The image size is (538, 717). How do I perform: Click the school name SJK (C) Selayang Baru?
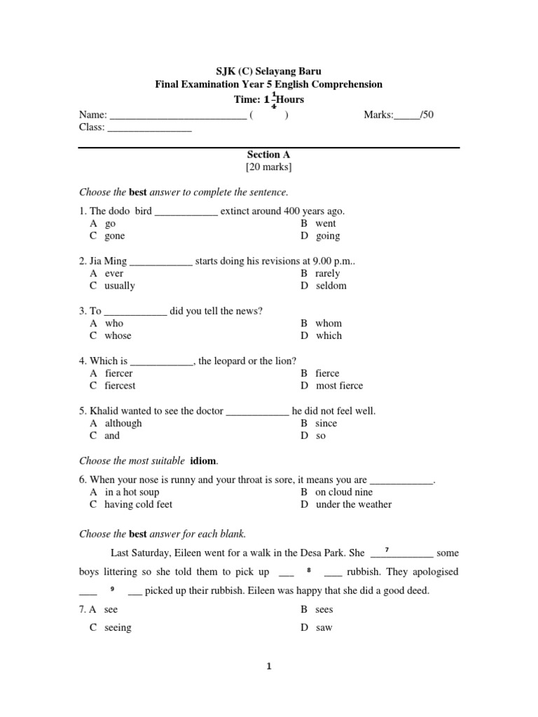(x=268, y=71)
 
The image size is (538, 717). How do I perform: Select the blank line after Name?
(x=178, y=116)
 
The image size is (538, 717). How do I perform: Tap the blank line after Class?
(x=149, y=128)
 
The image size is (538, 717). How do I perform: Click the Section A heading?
(x=268, y=154)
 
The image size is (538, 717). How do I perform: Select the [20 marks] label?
(x=268, y=167)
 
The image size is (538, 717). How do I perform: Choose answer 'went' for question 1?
(x=326, y=223)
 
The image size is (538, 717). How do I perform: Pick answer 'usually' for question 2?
(x=120, y=286)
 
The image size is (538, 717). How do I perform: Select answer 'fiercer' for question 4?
(x=118, y=373)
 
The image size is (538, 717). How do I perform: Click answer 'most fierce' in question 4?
(x=339, y=386)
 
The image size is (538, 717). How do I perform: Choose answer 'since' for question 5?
(x=326, y=424)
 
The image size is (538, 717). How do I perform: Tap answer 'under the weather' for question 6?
(x=354, y=504)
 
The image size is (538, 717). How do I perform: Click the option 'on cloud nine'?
(x=344, y=492)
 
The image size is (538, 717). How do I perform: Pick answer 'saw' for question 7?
(x=324, y=627)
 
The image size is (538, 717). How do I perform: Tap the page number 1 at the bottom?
(x=268, y=667)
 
